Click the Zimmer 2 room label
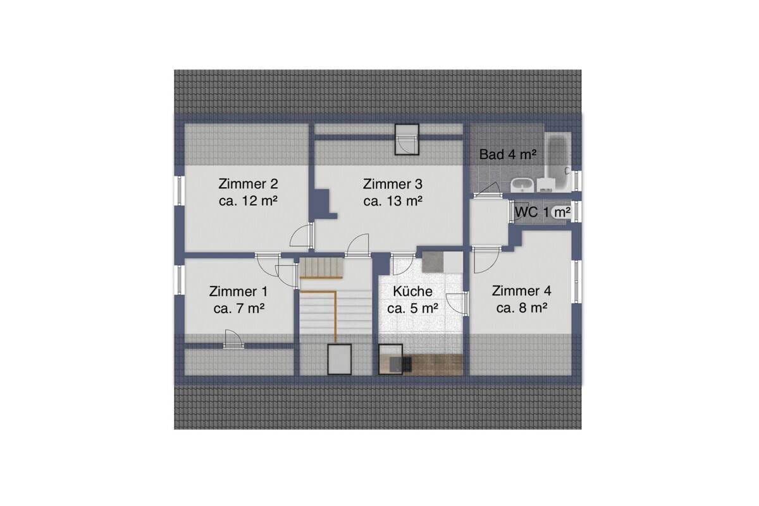point(248,192)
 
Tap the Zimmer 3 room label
point(393,192)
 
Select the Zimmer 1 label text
point(238,300)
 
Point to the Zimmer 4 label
point(521,300)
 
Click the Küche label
point(412,300)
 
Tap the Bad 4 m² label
point(507,154)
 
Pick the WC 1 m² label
point(543,212)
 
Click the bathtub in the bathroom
point(558,162)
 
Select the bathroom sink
point(522,185)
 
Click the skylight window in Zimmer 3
point(407,139)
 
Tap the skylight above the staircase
point(340,359)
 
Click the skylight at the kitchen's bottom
point(390,359)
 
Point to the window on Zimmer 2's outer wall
point(179,190)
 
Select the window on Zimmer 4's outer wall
point(577,281)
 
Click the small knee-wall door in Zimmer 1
point(233,339)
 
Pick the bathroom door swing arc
point(488,190)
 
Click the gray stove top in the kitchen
point(433,262)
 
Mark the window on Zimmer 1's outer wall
point(179,280)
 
